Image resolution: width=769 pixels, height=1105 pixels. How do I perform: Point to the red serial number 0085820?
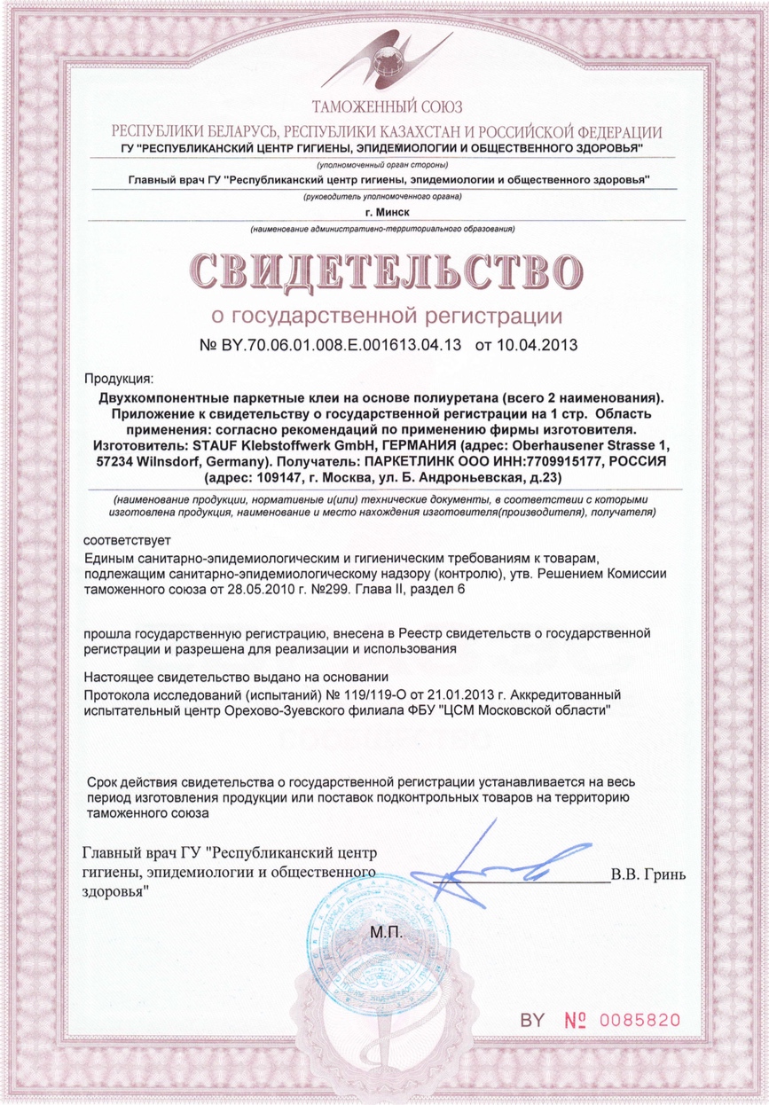(639, 1020)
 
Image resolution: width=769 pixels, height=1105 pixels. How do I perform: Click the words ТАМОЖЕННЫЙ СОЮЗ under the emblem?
(384, 107)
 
